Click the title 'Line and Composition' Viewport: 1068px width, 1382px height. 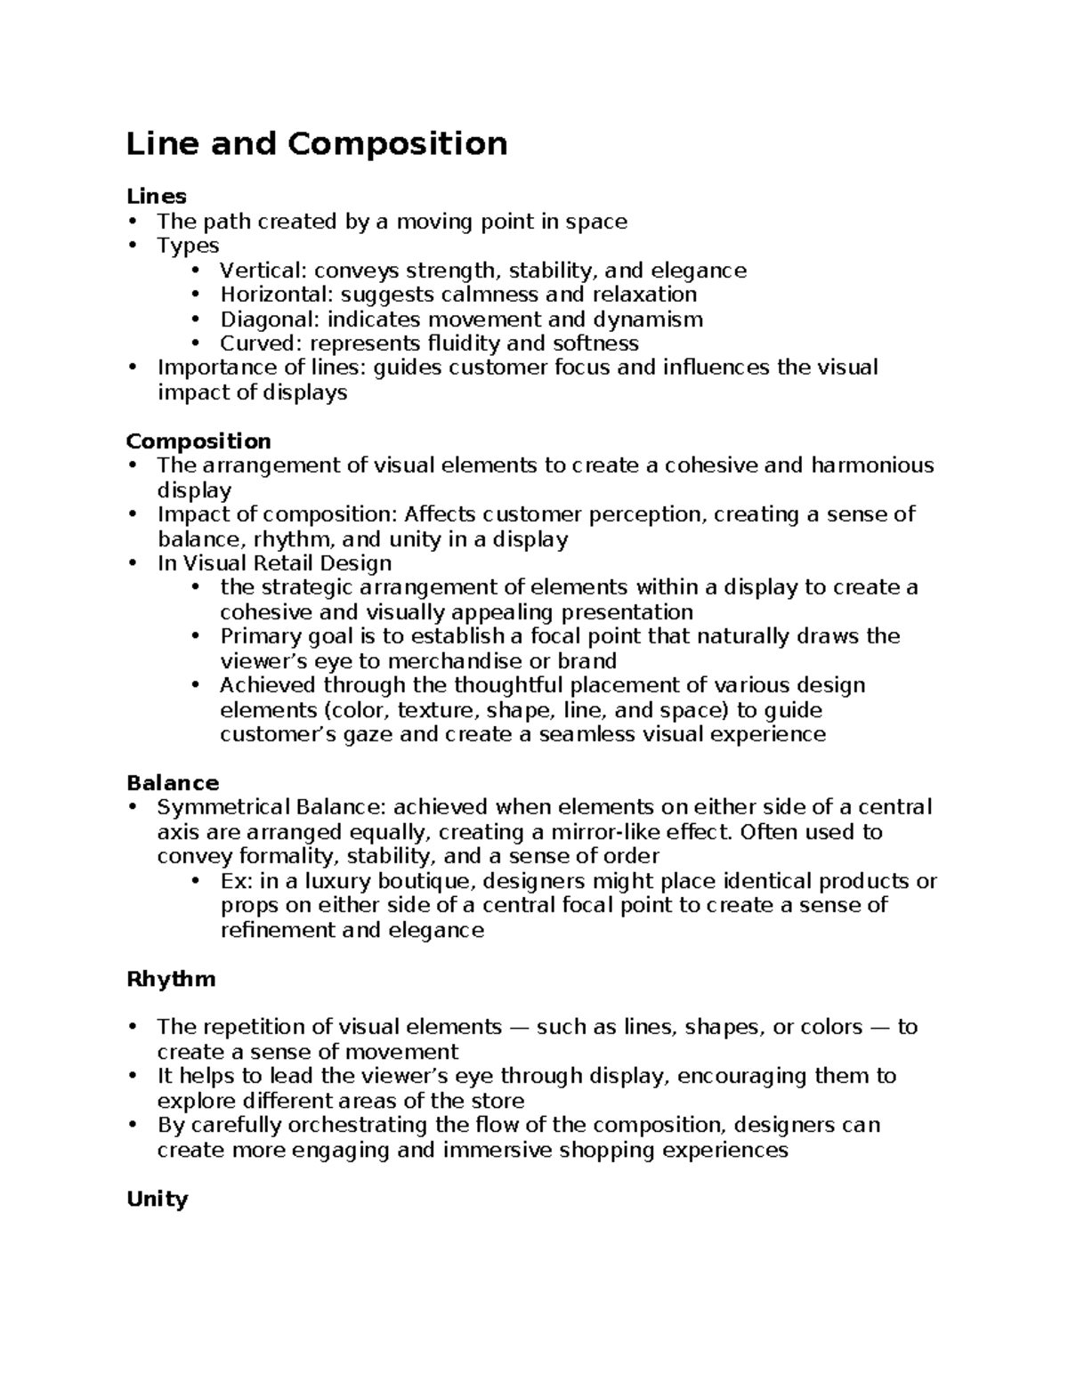pos(317,143)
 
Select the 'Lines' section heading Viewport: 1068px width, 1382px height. pos(157,196)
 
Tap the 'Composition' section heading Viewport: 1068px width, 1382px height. pos(198,441)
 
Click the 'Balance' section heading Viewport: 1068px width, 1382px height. pos(173,783)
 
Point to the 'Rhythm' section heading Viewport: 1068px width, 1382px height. pos(171,979)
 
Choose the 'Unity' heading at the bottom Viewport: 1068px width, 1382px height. pos(158,1199)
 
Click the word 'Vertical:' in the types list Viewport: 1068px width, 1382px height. pos(263,271)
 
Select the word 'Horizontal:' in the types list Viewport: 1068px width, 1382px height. pos(277,295)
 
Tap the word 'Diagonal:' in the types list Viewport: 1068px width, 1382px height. pos(270,319)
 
